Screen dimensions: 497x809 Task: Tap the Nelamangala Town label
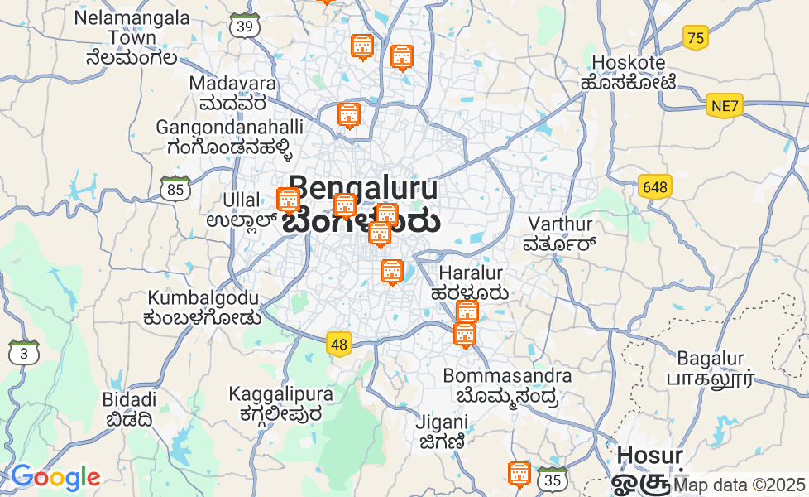click(x=132, y=37)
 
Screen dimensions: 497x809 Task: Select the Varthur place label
click(x=560, y=234)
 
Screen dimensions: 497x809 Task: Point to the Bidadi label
click(x=129, y=409)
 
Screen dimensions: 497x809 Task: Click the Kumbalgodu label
click(x=203, y=307)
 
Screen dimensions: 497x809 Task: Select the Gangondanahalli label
click(x=230, y=138)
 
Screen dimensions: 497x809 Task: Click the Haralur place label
click(x=471, y=282)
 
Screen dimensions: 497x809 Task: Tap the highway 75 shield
click(x=697, y=37)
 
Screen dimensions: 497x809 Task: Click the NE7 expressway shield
click(x=725, y=106)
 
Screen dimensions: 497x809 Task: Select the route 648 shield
click(x=654, y=187)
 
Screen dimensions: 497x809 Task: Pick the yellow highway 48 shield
click(x=338, y=344)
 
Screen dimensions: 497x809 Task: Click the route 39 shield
click(x=245, y=26)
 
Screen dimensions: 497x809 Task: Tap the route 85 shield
click(x=175, y=190)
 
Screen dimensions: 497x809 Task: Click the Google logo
click(x=55, y=478)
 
